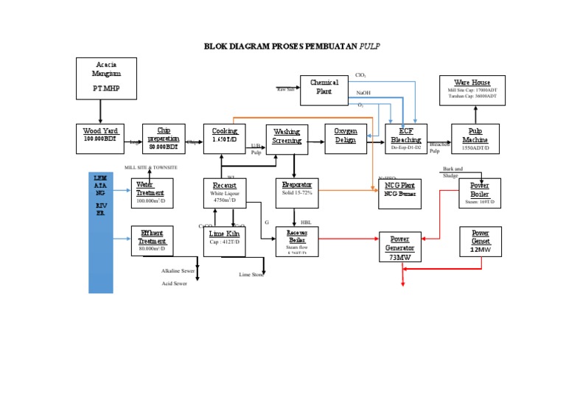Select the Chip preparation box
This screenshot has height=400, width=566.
(x=162, y=138)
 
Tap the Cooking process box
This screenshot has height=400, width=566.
(x=224, y=138)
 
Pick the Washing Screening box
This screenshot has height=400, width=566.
(x=287, y=138)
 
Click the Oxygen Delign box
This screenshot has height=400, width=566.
(x=346, y=138)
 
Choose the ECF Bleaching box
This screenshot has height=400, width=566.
(x=406, y=138)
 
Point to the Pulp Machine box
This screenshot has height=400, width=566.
(x=475, y=138)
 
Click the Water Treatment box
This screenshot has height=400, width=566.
(x=152, y=193)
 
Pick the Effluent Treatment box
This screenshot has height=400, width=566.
(x=152, y=241)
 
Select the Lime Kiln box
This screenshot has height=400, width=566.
(x=224, y=241)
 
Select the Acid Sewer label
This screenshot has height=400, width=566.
(x=175, y=284)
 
